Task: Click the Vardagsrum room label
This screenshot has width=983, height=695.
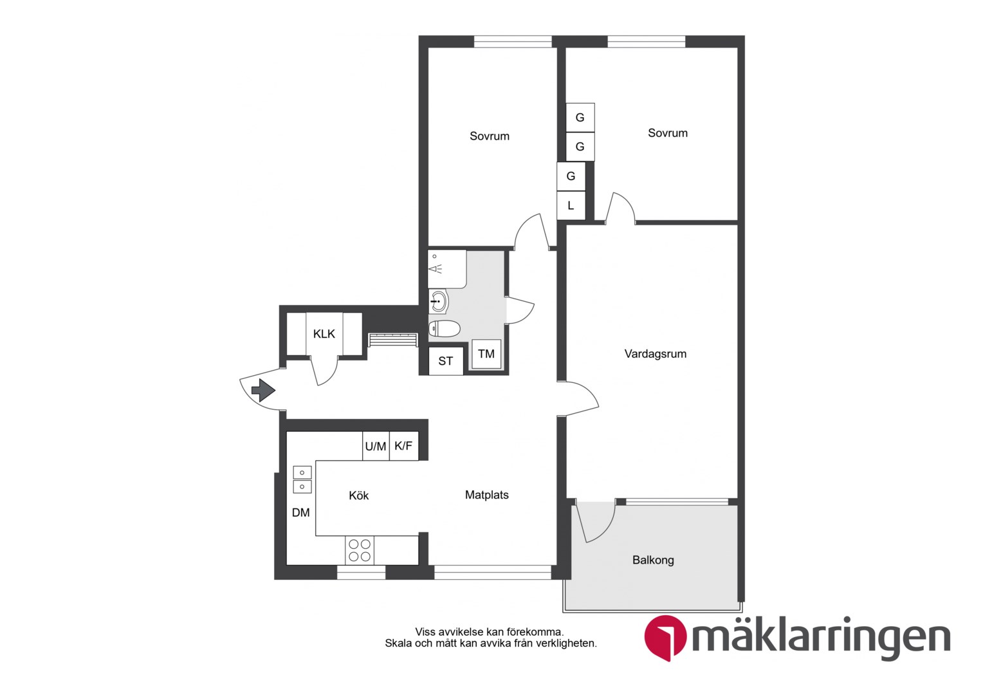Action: point(655,354)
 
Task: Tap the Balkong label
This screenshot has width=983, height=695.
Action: point(653,560)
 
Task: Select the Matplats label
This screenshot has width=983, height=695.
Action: point(486,495)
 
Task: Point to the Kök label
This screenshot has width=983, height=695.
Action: point(358,496)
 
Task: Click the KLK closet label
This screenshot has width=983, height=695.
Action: point(324,334)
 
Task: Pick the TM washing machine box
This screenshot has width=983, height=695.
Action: point(486,354)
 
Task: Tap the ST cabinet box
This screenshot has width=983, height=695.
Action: point(445,361)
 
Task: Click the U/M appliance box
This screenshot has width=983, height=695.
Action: point(376,446)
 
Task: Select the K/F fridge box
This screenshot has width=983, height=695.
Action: point(404,446)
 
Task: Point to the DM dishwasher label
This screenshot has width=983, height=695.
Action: point(300,512)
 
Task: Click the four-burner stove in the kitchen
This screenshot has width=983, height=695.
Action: point(360,551)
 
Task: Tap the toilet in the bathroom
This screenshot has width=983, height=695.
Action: point(444,328)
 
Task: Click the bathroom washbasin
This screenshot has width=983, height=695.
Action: point(438,302)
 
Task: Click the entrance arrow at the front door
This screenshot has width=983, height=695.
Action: point(263,390)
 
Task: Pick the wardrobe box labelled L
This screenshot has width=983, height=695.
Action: point(571,205)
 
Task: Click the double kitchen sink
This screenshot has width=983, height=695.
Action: point(302,479)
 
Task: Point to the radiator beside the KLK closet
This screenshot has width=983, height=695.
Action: point(393,340)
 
